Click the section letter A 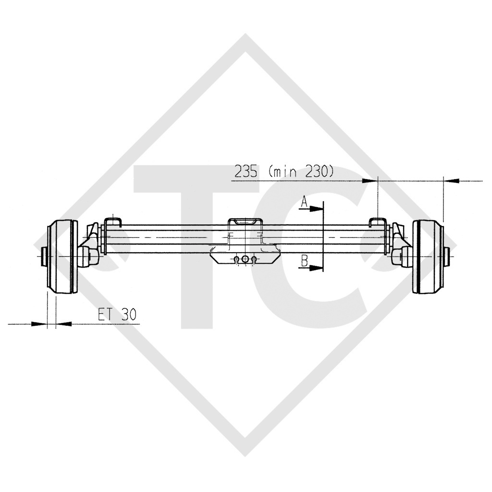point(304,203)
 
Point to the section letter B point(304,261)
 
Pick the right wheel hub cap point(449,257)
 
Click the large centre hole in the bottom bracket point(246,259)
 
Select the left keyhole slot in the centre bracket point(236,260)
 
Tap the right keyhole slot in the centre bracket point(254,260)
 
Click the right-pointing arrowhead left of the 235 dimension point(370,181)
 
